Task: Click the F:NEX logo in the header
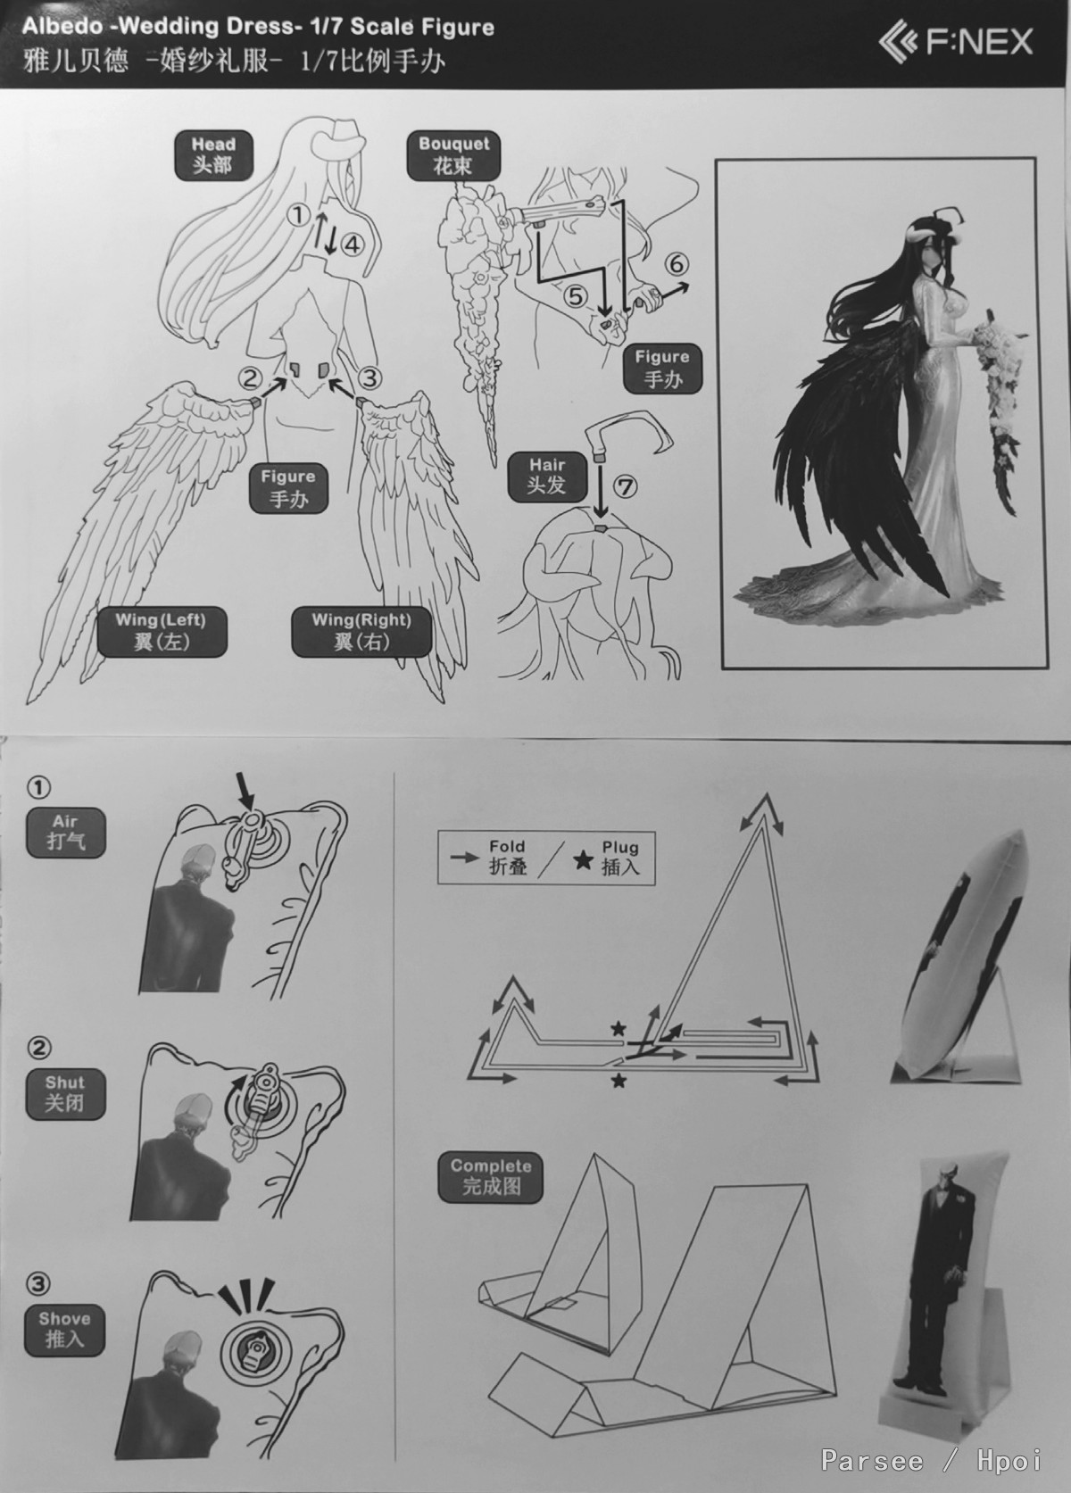[956, 42]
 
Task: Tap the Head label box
[212, 154]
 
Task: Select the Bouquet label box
[453, 154]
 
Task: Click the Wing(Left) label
[161, 631]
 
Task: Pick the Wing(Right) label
[361, 631]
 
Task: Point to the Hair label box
[546, 476]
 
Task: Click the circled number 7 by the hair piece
[625, 487]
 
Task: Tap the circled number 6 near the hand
[675, 265]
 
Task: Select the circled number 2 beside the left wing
[250, 378]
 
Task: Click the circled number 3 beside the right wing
[369, 378]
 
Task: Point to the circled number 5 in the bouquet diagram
[577, 297]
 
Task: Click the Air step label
[65, 833]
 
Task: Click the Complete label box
[491, 1177]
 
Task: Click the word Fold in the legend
[507, 847]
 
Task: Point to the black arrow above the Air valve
[246, 792]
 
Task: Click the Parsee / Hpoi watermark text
[931, 1459]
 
